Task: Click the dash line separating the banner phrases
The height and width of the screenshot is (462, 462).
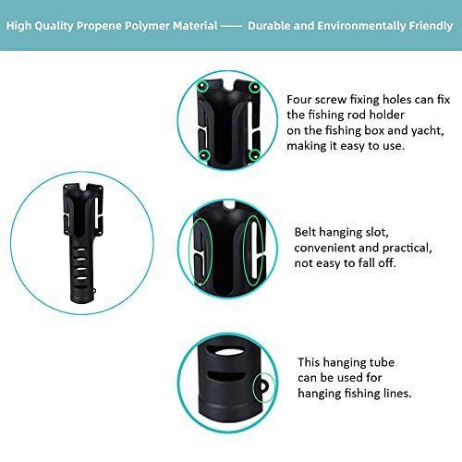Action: (x=231, y=27)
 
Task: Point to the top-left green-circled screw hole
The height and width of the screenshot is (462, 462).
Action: (x=202, y=86)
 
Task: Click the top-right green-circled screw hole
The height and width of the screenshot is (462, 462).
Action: (x=255, y=87)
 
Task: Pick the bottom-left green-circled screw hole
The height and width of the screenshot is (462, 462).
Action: (x=204, y=155)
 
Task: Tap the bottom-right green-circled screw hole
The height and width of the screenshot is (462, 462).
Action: (x=255, y=155)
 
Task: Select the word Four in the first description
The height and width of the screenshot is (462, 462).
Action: (x=298, y=100)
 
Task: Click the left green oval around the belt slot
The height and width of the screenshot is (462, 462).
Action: (x=201, y=251)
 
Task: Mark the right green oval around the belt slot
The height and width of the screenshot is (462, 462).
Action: (x=253, y=250)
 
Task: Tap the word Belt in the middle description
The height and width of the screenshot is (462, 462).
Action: (x=305, y=232)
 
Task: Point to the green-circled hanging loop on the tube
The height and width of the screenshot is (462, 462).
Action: (x=263, y=386)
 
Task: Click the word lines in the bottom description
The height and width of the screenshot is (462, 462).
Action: (x=397, y=393)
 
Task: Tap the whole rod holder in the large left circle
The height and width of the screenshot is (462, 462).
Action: (x=82, y=243)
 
